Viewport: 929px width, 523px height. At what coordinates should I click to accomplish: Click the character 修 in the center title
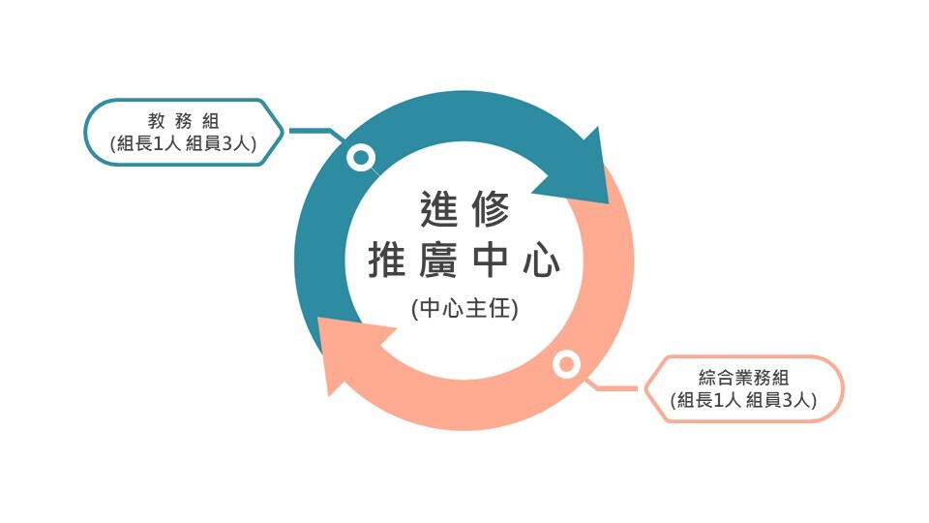point(492,208)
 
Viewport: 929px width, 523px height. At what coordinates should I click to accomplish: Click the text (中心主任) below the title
point(464,310)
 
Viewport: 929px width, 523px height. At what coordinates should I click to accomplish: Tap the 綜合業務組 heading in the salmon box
point(744,378)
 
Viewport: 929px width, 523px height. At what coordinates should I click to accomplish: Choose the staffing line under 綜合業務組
point(744,400)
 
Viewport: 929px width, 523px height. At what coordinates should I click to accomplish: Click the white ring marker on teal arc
point(361,158)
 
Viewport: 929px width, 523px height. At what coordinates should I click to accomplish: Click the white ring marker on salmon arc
point(566,365)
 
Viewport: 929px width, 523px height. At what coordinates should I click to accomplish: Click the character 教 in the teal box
point(154,121)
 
